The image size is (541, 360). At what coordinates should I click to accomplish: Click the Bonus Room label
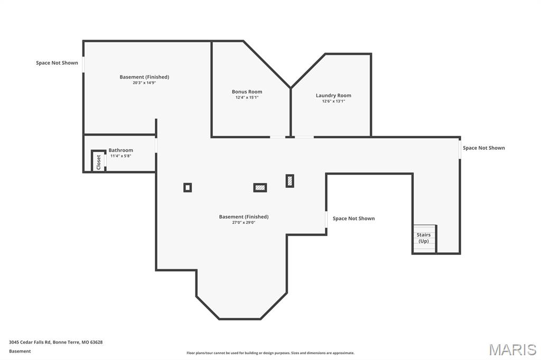coord(247,92)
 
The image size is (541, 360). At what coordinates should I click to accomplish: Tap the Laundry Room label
coord(333,96)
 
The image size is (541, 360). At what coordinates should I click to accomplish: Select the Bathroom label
coord(121,150)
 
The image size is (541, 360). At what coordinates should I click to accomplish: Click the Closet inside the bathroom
coord(98,162)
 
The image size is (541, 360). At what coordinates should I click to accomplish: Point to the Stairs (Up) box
coord(424,239)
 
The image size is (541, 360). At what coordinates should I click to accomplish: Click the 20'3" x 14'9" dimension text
coord(144,83)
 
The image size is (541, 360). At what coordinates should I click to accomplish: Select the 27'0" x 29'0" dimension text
coord(244,223)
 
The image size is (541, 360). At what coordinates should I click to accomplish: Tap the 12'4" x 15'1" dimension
coord(247,98)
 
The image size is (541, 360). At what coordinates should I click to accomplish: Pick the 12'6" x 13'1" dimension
coord(333,101)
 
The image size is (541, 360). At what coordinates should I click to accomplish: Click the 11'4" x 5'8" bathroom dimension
coord(121,156)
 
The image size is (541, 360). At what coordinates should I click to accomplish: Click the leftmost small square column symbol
coord(188,187)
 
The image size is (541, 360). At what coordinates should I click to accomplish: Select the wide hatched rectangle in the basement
coord(260,187)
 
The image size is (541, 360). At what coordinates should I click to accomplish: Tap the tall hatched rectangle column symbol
coord(290,181)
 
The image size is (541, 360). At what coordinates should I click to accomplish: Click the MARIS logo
coord(512,349)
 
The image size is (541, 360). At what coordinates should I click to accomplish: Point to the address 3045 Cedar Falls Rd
coord(55,342)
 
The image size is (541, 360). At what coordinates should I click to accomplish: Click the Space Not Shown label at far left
coord(57,63)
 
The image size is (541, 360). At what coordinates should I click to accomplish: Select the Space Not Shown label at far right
coord(483,148)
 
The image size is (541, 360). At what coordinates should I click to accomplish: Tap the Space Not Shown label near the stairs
coord(353,219)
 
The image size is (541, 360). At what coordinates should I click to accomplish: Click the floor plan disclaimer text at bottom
coord(270,353)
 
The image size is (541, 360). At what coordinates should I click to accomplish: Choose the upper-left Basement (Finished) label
coord(144,77)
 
